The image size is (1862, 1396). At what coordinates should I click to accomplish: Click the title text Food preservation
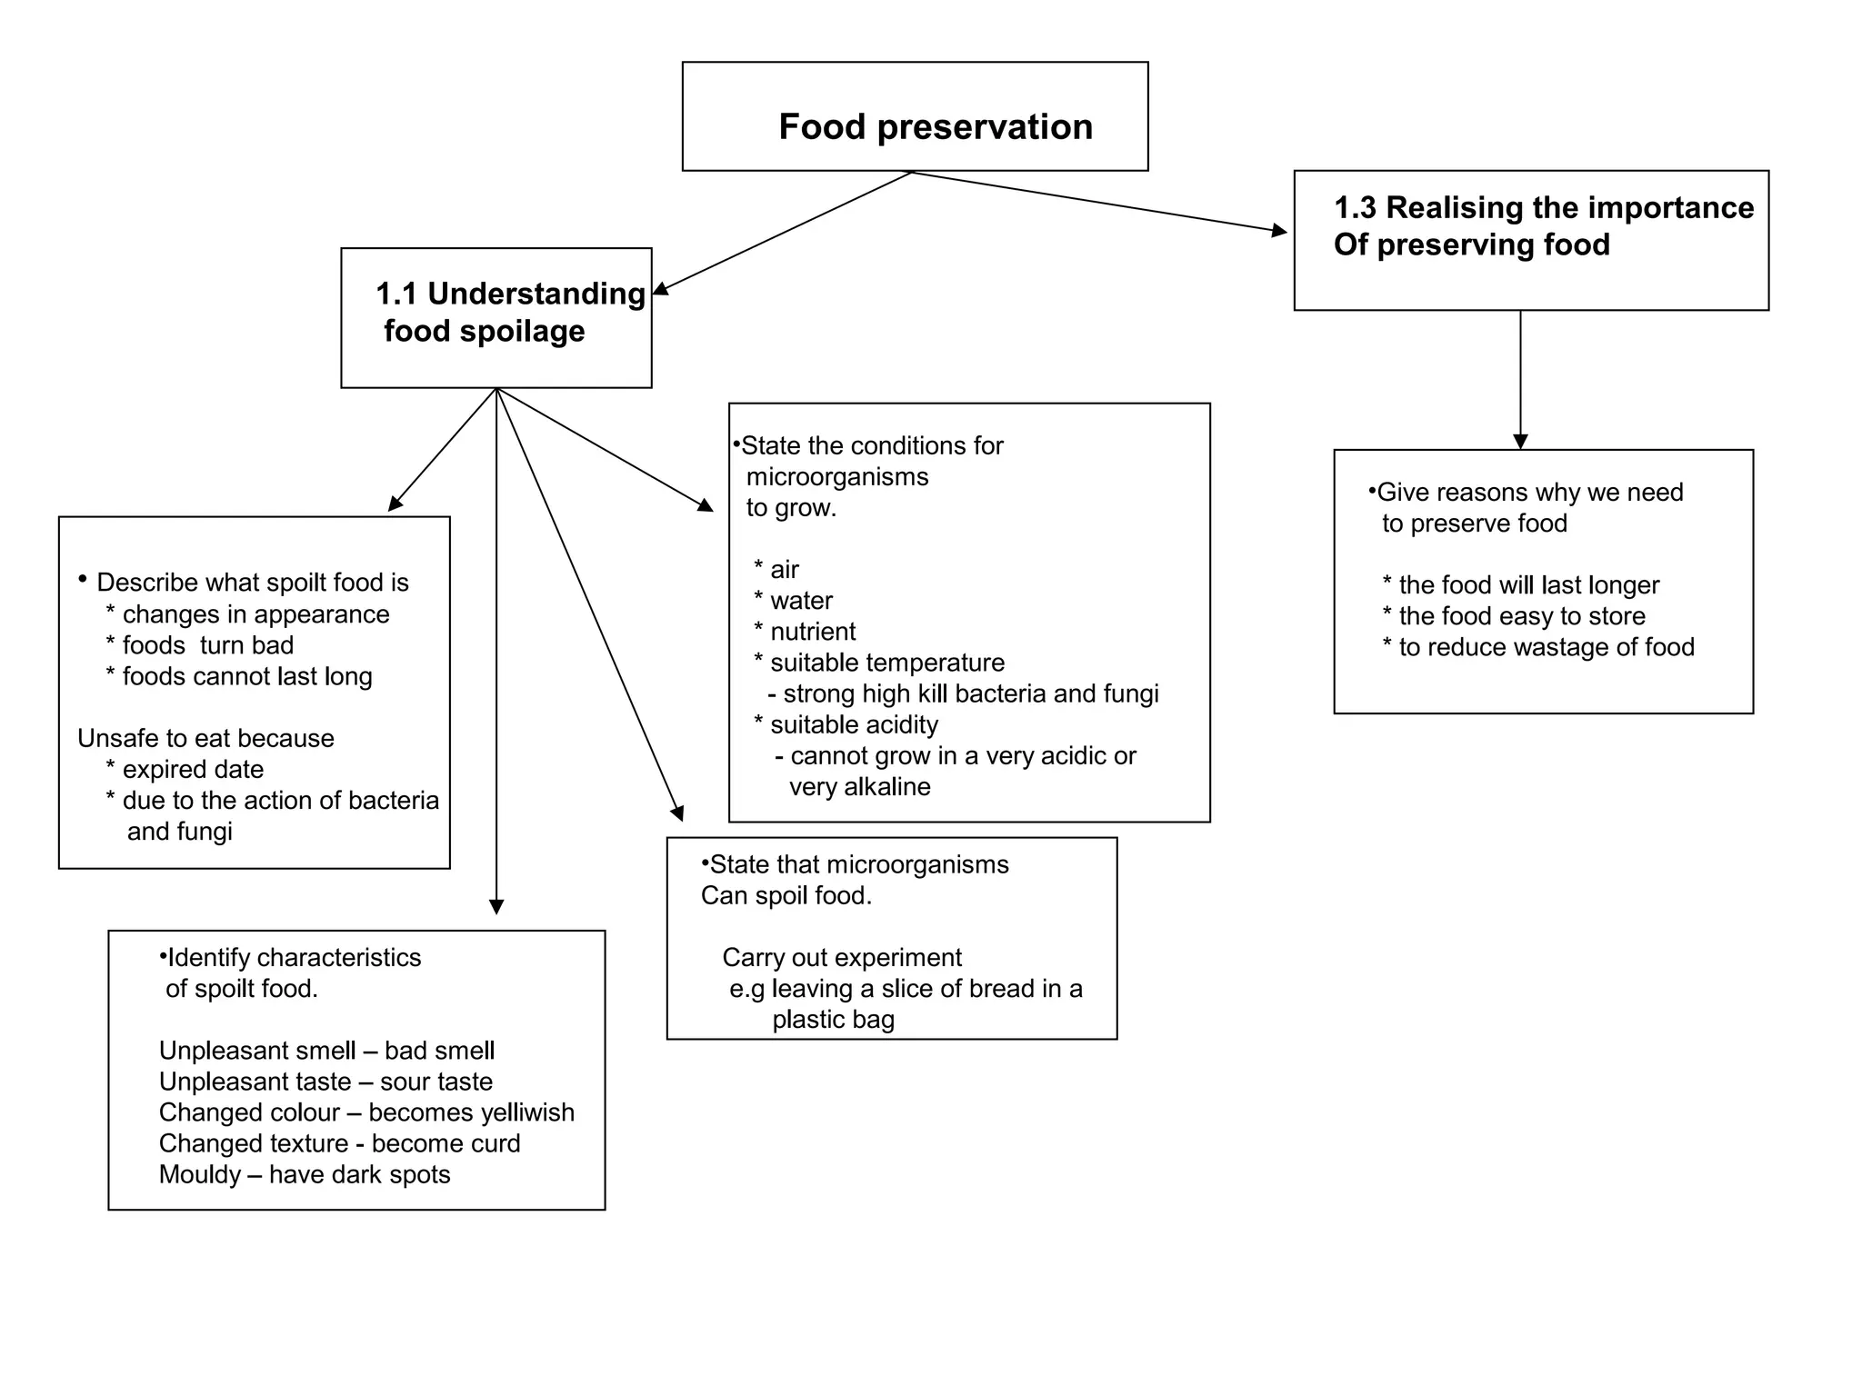(935, 127)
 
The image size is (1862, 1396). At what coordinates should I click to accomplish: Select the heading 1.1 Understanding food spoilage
(509, 312)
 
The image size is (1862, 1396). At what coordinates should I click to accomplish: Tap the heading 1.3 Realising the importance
(1543, 208)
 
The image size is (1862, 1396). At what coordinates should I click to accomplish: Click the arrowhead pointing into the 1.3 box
(1279, 232)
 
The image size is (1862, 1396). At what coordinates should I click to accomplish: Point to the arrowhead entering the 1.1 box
(661, 289)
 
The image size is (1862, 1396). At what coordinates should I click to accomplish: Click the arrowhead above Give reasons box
(1520, 442)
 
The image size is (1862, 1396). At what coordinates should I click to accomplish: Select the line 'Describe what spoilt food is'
(252, 583)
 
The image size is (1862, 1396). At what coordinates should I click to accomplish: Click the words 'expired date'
(192, 770)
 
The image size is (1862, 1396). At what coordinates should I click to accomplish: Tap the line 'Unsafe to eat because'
(205, 739)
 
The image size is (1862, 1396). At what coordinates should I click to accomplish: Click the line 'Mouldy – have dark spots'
(305, 1175)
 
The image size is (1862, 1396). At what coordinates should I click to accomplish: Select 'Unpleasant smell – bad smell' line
(326, 1052)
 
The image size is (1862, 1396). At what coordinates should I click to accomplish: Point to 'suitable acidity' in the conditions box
(853, 725)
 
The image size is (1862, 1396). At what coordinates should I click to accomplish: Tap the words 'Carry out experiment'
(841, 958)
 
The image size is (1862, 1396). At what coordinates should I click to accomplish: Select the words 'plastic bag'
(833, 1020)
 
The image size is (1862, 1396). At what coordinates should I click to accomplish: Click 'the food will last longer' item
(1527, 585)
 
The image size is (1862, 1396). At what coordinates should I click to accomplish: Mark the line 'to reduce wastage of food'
(1546, 647)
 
